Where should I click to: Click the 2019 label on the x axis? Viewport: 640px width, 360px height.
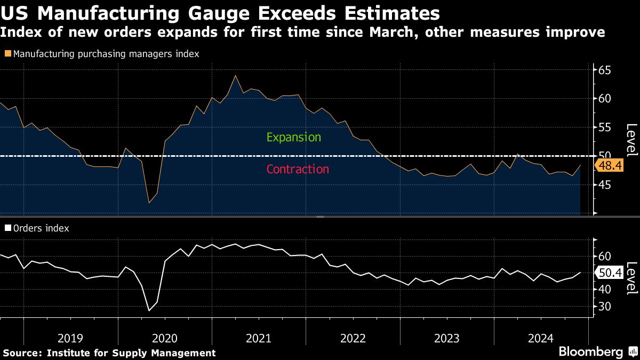(70, 338)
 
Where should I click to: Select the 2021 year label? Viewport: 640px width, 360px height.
(259, 338)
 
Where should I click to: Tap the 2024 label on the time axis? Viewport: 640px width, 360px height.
(541, 338)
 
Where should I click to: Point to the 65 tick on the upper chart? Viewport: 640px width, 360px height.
(605, 70)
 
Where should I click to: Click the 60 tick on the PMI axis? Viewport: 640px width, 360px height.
(605, 99)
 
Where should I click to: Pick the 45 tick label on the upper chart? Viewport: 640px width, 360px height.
(605, 185)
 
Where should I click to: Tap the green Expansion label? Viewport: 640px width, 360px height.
(294, 137)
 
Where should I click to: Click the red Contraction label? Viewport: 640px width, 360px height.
(298, 169)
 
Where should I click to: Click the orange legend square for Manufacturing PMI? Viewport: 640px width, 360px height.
(7, 53)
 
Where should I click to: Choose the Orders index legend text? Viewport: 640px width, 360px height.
(41, 228)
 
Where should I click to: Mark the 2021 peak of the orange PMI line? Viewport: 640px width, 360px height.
(235, 75)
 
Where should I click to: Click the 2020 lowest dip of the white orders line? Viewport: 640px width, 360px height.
(149, 310)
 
